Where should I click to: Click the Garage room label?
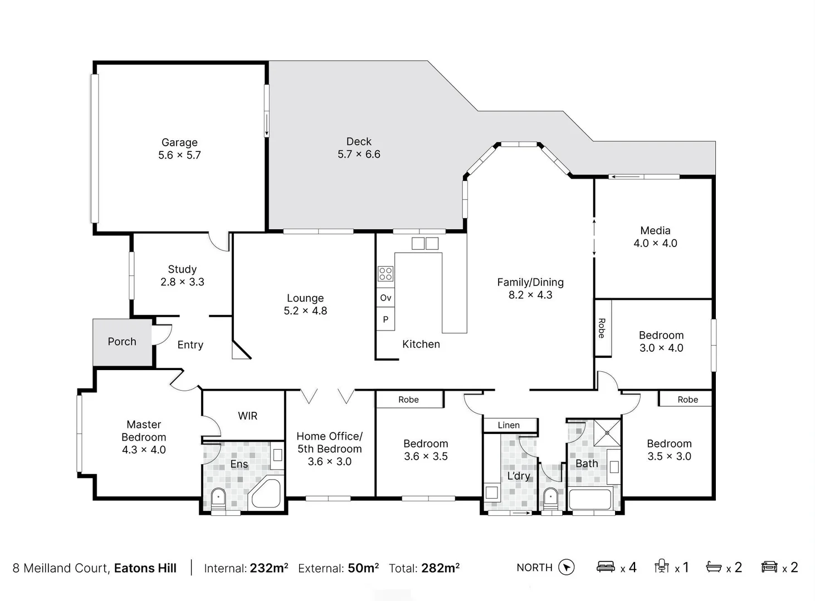tap(179, 142)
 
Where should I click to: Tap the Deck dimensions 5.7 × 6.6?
tap(359, 154)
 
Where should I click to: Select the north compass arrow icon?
tap(567, 567)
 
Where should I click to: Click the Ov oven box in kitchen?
tap(385, 298)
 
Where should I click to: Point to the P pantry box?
tap(385, 319)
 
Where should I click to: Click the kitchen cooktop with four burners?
tap(385, 273)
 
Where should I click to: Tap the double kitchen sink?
tap(425, 243)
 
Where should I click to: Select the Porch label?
tap(122, 342)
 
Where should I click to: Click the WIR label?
tap(247, 416)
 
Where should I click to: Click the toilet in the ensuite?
tap(218, 497)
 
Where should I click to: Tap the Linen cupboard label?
tap(509, 425)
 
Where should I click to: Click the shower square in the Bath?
tap(607, 433)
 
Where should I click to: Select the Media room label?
tap(655, 230)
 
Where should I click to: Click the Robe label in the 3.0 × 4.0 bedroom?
tap(602, 328)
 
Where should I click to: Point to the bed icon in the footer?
tap(606, 567)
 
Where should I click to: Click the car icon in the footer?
tap(769, 567)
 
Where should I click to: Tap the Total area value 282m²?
tap(440, 568)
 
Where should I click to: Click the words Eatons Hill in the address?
tap(145, 568)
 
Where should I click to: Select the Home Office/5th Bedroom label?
tap(329, 442)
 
